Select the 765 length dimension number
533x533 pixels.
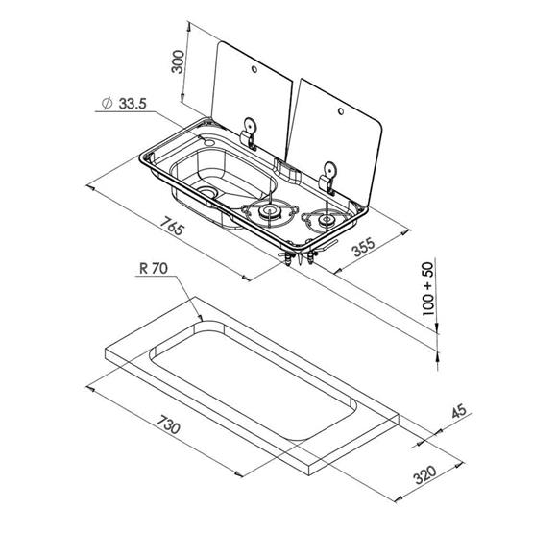pyautogui.click(x=172, y=230)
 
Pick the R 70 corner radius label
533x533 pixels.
pyautogui.click(x=153, y=271)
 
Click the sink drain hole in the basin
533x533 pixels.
pyautogui.click(x=208, y=195)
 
